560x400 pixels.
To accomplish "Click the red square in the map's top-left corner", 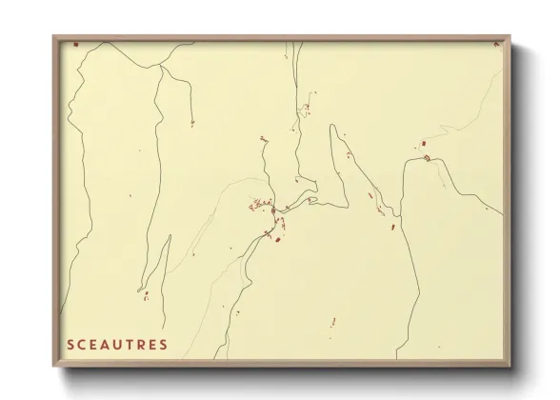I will [75, 43].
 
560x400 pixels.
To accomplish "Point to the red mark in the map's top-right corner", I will [495, 43].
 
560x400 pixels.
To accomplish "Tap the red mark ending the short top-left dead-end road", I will [191, 123].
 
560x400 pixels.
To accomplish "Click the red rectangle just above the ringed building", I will [420, 145].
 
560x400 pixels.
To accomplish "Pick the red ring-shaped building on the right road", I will [428, 158].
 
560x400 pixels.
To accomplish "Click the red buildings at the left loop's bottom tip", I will [143, 292].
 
